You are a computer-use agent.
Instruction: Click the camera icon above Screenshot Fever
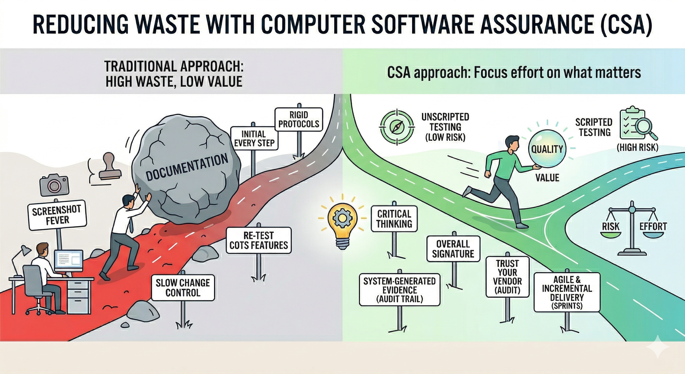click(x=54, y=185)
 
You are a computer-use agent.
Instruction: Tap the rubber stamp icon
click(x=109, y=167)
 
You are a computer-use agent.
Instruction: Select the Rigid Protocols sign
click(x=299, y=119)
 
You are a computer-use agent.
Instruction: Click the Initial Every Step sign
click(x=254, y=138)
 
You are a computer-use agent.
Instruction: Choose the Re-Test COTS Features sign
click(x=259, y=240)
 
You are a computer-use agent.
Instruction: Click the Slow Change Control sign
click(x=183, y=288)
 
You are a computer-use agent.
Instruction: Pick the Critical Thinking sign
click(x=394, y=219)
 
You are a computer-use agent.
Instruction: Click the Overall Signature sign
click(x=453, y=249)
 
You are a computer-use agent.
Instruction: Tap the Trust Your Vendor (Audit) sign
click(x=507, y=277)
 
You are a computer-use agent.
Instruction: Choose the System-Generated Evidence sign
click(x=399, y=290)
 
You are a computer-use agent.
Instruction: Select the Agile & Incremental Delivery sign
click(x=567, y=292)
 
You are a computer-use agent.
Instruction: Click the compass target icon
click(x=397, y=127)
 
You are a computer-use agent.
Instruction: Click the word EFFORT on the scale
click(x=653, y=226)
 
